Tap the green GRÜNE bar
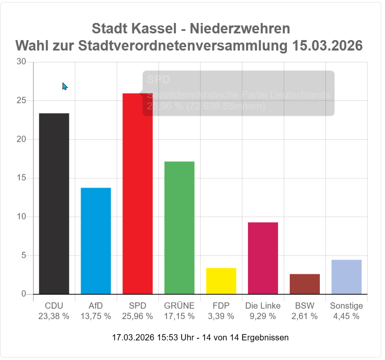(179, 227)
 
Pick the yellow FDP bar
(221, 281)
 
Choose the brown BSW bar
(304, 284)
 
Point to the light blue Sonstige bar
(346, 277)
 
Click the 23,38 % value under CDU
(54, 316)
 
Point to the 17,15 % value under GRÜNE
(179, 316)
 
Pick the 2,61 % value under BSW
(304, 316)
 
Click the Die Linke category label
(263, 306)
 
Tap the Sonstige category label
(346, 306)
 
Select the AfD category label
(96, 306)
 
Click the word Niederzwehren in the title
(240, 29)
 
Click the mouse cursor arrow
(64, 86)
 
